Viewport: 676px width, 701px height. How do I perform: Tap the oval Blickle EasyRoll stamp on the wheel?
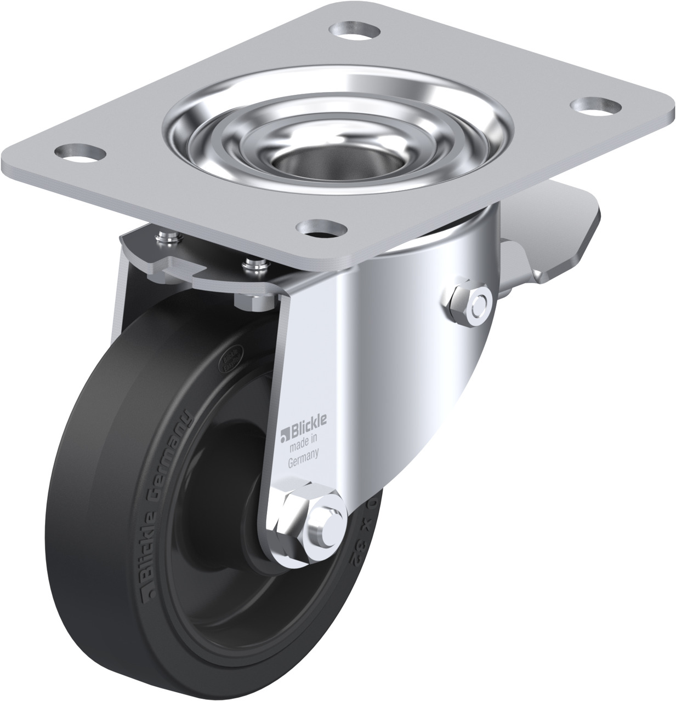point(232,358)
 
